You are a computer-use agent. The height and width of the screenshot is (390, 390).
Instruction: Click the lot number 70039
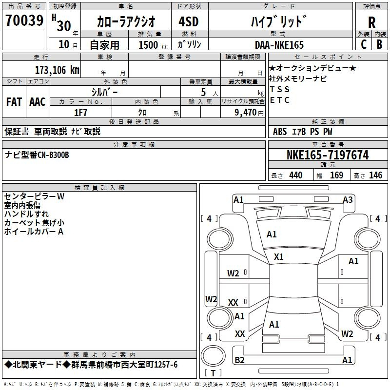coord(24,21)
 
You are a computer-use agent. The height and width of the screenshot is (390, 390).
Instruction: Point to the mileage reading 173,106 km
coord(57,70)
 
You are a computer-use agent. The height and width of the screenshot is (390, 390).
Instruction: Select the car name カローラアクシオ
coord(126,22)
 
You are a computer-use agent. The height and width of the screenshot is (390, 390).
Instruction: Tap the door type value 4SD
coord(185,22)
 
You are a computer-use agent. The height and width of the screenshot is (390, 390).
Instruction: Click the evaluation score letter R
coord(371,22)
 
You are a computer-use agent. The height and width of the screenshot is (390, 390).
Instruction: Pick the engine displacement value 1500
coord(149,45)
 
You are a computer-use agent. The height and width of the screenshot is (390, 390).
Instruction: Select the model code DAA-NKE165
coord(279,45)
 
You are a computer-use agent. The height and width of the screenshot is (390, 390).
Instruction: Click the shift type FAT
coord(14,102)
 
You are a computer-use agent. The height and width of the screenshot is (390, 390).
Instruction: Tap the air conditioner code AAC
coord(38,102)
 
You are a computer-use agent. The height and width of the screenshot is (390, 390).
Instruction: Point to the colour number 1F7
coord(81,113)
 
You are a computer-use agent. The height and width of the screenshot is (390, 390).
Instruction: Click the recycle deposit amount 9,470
coord(245,113)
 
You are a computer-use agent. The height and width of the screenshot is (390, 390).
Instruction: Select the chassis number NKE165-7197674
coord(328,155)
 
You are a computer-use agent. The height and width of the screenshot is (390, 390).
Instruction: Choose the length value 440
coord(295,175)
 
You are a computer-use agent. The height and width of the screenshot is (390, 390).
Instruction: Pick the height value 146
coord(375,175)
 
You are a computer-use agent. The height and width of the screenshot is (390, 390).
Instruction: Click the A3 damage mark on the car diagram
coord(348,199)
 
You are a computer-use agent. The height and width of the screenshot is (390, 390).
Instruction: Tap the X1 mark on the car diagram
coord(279,256)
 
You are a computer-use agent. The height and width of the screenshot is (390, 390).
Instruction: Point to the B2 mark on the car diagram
coord(239,360)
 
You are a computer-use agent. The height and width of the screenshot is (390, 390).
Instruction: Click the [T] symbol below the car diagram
coord(213,373)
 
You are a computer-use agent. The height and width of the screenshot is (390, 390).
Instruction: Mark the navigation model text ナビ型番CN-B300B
coord(37,155)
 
